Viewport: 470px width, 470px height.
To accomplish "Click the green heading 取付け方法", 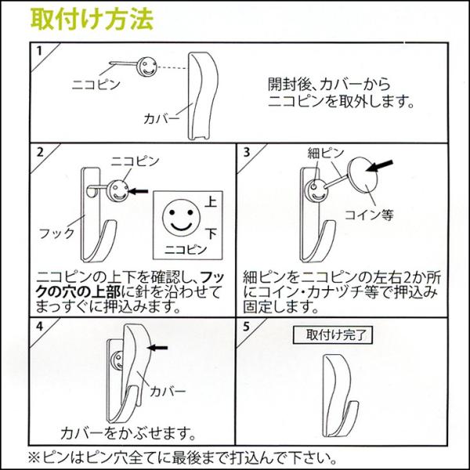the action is pyautogui.click(x=92, y=19).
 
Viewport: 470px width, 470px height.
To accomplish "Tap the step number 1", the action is pyautogui.click(x=39, y=51).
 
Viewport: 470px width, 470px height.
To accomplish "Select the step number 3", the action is pyautogui.click(x=247, y=152).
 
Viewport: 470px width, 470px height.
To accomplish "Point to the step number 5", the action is pyautogui.click(x=246, y=327).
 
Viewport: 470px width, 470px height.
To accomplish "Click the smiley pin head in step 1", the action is pyautogui.click(x=147, y=67).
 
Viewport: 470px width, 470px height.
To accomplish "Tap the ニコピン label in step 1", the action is pyautogui.click(x=96, y=85).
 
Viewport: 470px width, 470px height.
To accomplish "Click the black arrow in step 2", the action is pyautogui.click(x=138, y=191).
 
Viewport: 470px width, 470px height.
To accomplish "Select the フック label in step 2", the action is pyautogui.click(x=56, y=233).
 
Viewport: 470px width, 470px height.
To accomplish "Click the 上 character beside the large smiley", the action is pyautogui.click(x=211, y=201).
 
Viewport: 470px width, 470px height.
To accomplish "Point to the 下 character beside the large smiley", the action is pyautogui.click(x=211, y=233).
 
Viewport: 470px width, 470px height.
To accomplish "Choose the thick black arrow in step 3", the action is pyautogui.click(x=379, y=166).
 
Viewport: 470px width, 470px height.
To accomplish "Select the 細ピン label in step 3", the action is pyautogui.click(x=326, y=154).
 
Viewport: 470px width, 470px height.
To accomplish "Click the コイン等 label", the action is pyautogui.click(x=369, y=215).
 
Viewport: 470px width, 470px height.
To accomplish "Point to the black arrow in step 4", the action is pyautogui.click(x=158, y=348).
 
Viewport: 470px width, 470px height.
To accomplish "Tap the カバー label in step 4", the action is pyautogui.click(x=168, y=391).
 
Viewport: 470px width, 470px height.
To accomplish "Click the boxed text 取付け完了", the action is pyautogui.click(x=333, y=334).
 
